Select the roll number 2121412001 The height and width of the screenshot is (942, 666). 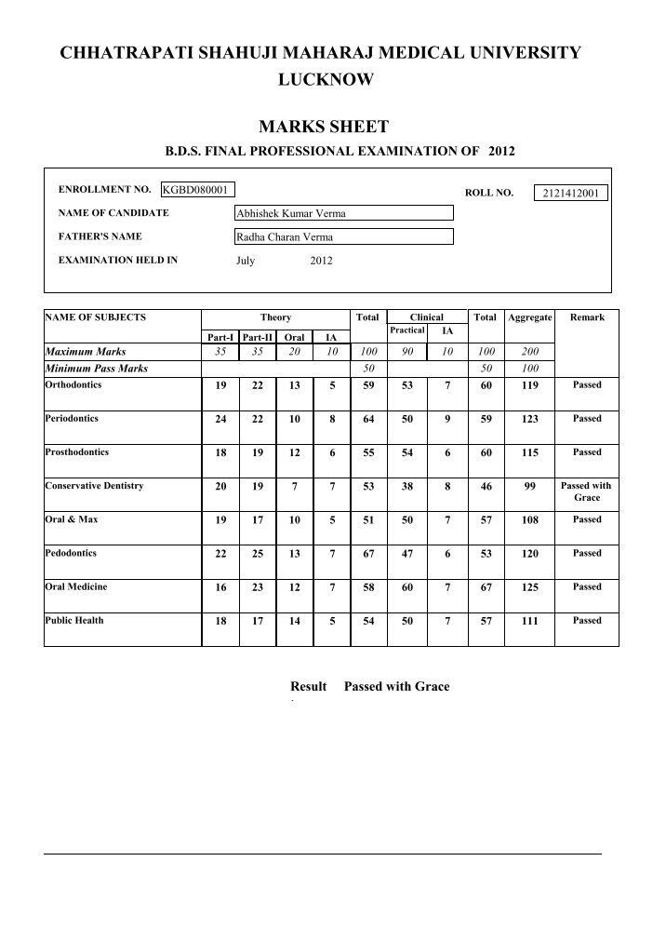click(x=570, y=194)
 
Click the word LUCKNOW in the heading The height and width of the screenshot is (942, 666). click(x=326, y=81)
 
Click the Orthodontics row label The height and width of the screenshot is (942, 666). click(x=73, y=384)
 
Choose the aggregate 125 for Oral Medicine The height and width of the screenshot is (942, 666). click(x=529, y=587)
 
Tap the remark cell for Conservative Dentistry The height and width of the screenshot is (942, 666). click(x=586, y=491)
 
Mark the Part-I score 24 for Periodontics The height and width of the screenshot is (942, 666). click(x=220, y=419)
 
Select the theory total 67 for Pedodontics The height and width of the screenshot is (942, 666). click(x=367, y=554)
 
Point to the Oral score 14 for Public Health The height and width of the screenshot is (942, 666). click(x=294, y=621)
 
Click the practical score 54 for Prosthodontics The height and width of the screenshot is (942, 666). click(x=406, y=452)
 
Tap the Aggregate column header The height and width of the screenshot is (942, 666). click(x=529, y=317)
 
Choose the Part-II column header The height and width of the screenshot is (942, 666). click(x=256, y=337)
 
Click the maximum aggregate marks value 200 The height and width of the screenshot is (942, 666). click(x=529, y=352)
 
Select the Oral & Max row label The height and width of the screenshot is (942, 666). click(x=72, y=518)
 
